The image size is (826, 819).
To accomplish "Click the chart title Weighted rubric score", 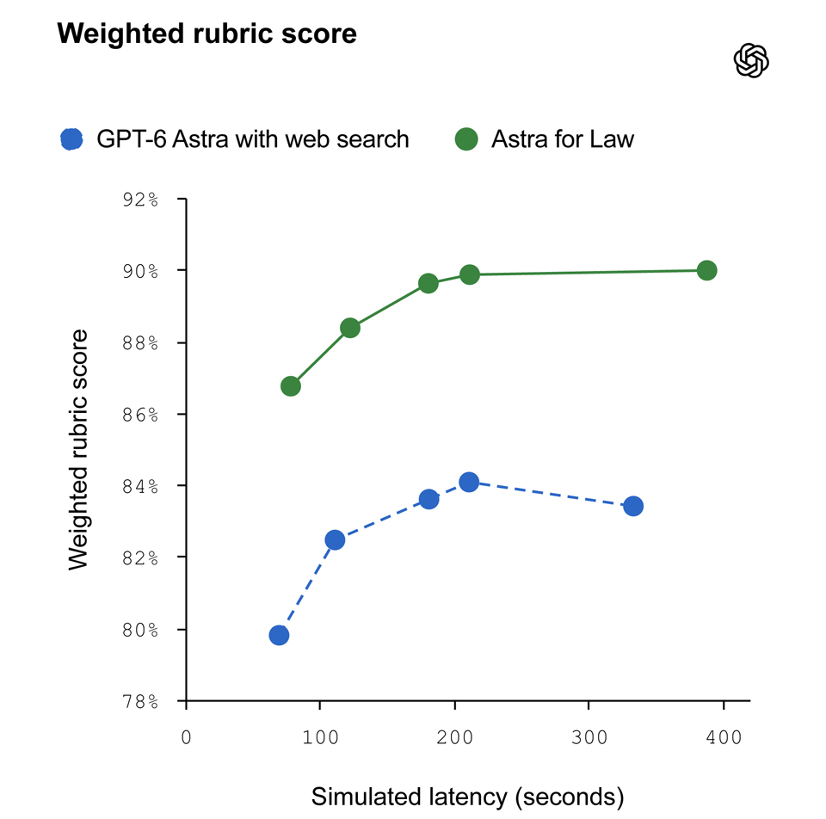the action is pyautogui.click(x=207, y=34).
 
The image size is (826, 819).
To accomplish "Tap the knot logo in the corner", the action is pyautogui.click(x=751, y=60).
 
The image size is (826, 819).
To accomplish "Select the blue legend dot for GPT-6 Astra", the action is pyautogui.click(x=71, y=139).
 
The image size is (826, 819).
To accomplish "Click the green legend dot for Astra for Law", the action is pyautogui.click(x=466, y=139).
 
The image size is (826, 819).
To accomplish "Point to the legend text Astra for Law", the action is pyautogui.click(x=563, y=139).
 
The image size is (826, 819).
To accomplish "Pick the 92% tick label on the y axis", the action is pyautogui.click(x=140, y=200).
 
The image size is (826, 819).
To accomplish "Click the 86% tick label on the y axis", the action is pyautogui.click(x=140, y=415).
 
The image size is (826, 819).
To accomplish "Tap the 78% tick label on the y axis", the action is pyautogui.click(x=140, y=701).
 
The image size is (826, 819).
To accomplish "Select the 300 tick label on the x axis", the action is pyautogui.click(x=589, y=737).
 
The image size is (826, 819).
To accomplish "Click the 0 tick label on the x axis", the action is pyautogui.click(x=186, y=737).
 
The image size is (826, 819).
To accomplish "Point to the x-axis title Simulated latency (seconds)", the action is pyautogui.click(x=467, y=797).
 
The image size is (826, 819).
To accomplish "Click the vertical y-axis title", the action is pyautogui.click(x=78, y=450).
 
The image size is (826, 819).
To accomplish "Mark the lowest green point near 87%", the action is pyautogui.click(x=290, y=386).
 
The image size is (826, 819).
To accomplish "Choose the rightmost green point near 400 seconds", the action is pyautogui.click(x=706, y=270).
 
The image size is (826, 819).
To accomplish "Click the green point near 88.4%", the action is pyautogui.click(x=350, y=328).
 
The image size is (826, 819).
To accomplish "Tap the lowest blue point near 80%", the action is pyautogui.click(x=279, y=635).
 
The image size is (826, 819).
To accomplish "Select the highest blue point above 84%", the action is pyautogui.click(x=469, y=482).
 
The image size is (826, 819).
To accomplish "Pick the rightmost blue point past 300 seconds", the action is pyautogui.click(x=632, y=506).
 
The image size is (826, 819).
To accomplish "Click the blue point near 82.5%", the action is pyautogui.click(x=335, y=540).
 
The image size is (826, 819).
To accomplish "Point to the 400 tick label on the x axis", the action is pyautogui.click(x=724, y=737).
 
